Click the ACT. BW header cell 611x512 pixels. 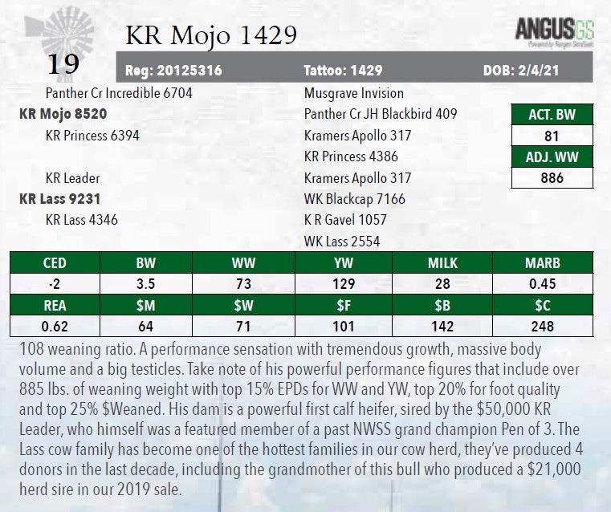pyautogui.click(x=552, y=114)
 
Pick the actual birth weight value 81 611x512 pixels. pyautogui.click(x=552, y=136)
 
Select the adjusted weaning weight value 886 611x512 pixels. pyautogui.click(x=552, y=178)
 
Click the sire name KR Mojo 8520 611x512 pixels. pyautogui.click(x=63, y=114)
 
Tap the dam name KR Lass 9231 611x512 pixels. pyautogui.click(x=59, y=198)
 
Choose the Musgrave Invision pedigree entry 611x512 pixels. pyautogui.click(x=354, y=93)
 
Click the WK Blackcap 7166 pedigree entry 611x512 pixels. pyautogui.click(x=355, y=198)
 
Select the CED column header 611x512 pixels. pyautogui.click(x=55, y=262)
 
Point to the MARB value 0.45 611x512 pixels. pyautogui.click(x=543, y=283)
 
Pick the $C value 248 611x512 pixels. pyautogui.click(x=543, y=327)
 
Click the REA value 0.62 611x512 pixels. pyautogui.click(x=55, y=327)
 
